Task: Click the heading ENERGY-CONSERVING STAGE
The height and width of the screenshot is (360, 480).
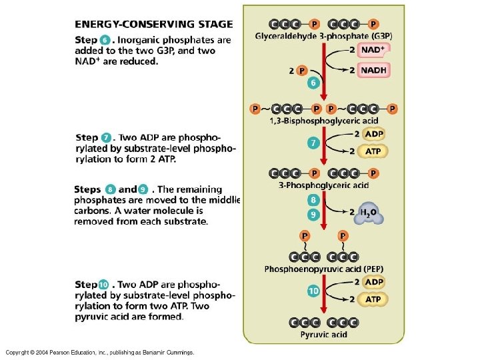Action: click(153, 24)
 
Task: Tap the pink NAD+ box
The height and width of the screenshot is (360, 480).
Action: click(373, 50)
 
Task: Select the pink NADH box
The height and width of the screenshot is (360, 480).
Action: click(373, 69)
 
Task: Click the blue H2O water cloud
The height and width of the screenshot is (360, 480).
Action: click(370, 213)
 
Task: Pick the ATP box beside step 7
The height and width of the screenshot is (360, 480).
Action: click(373, 151)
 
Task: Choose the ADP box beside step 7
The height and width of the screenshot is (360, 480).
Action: click(373, 134)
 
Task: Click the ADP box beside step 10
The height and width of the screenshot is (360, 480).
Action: click(373, 282)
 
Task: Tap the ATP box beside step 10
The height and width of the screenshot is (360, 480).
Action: click(373, 299)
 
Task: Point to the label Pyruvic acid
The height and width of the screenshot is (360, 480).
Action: click(323, 334)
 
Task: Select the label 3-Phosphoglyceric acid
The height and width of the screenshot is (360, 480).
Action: click(323, 185)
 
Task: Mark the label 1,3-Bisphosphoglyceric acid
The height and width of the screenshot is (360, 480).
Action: click(323, 121)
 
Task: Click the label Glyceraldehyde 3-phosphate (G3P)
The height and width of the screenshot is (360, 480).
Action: click(323, 36)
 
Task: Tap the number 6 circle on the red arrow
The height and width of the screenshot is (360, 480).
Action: click(313, 83)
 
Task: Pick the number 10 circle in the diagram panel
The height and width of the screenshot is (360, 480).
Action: click(313, 291)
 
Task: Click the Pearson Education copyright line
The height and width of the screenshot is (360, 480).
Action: click(99, 352)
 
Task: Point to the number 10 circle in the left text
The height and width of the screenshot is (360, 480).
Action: click(103, 285)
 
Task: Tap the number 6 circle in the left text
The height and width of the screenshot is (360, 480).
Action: click(105, 40)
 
